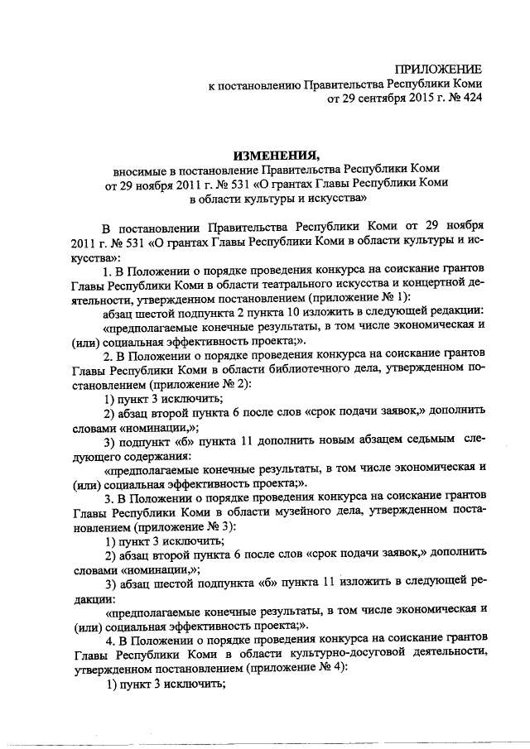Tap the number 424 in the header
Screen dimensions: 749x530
click(x=469, y=99)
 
